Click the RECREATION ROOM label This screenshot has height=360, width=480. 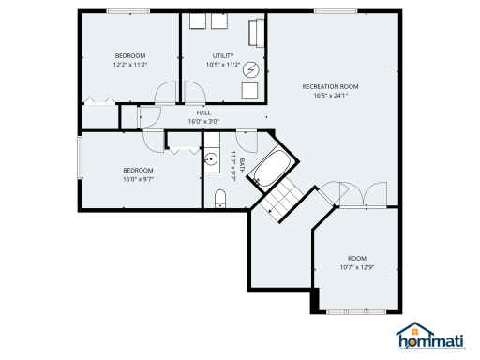[330, 86]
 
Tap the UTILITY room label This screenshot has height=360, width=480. [223, 56]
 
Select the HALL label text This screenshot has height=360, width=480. [202, 112]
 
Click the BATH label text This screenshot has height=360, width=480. [242, 165]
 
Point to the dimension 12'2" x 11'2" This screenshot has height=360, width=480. [129, 65]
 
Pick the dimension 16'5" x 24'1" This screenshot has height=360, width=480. [330, 95]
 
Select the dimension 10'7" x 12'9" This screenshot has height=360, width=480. [357, 267]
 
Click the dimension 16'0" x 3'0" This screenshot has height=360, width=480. [202, 121]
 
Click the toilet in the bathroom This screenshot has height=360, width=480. [219, 198]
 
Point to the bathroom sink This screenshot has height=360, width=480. [210, 157]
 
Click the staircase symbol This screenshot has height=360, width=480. [281, 199]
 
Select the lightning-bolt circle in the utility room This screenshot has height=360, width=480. [250, 68]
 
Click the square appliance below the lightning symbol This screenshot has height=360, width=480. [250, 91]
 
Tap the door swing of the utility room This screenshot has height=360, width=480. [195, 92]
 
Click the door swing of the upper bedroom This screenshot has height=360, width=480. [166, 92]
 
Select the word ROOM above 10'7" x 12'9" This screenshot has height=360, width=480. [357, 258]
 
